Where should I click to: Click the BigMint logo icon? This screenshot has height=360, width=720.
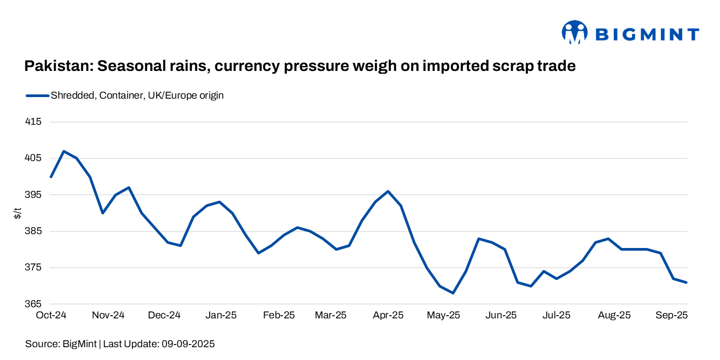574,33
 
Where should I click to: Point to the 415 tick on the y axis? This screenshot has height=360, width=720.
33,122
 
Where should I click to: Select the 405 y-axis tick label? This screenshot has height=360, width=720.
33,158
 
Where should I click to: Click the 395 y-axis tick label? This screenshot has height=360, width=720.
33,195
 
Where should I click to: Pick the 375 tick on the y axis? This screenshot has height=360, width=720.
33,268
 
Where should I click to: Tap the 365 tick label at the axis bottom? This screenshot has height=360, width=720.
33,304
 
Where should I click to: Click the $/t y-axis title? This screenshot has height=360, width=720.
18,214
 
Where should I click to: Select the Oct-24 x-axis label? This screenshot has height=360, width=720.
51,315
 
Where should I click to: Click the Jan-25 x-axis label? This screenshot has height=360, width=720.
221,315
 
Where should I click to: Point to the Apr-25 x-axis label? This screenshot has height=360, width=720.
388,315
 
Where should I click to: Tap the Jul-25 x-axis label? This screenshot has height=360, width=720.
556,315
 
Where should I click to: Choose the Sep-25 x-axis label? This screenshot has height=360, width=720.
671,315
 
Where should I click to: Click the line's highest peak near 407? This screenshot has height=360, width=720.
64,151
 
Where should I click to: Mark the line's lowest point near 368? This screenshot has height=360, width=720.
453,293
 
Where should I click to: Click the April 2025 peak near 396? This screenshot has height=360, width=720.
388,191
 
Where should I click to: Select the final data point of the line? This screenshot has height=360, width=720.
686,282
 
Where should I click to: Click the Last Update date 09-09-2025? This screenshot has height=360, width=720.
186,345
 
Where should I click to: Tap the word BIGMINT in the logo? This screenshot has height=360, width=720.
647,35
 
